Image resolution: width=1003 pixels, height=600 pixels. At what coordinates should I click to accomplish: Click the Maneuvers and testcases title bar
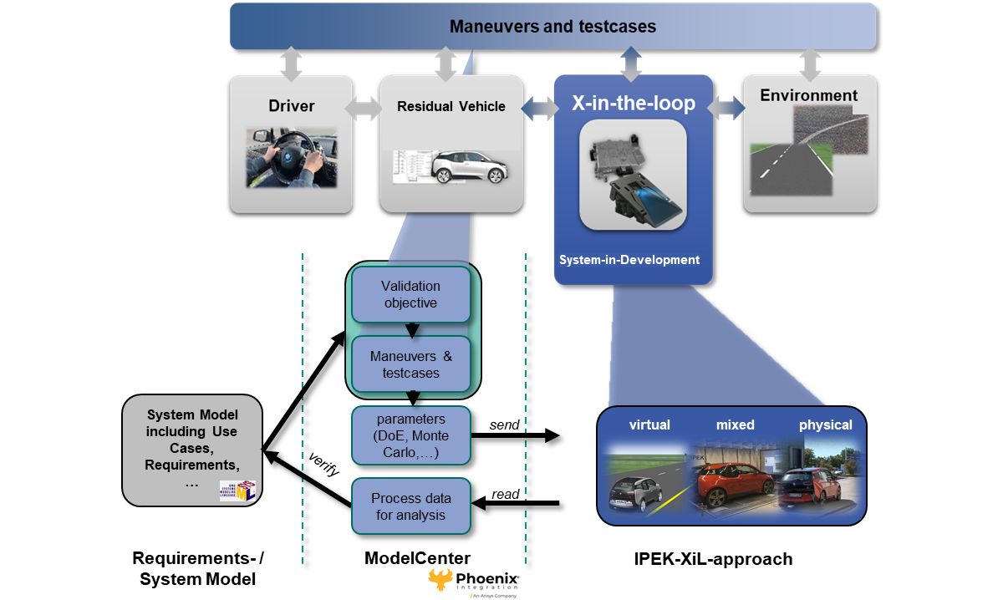pos(552,26)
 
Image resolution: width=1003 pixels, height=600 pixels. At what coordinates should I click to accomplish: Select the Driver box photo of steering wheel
pos(291,156)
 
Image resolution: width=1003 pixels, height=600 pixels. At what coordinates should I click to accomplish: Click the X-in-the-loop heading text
pos(633,104)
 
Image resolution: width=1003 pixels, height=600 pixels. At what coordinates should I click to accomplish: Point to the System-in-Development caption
pos(629,260)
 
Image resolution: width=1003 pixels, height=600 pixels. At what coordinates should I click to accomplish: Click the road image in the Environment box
pos(808,155)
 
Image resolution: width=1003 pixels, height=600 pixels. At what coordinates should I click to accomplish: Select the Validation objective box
pos(410,294)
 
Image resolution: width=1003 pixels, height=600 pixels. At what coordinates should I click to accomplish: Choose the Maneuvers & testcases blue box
pos(410,364)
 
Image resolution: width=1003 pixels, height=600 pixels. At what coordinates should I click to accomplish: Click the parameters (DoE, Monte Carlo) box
pos(410,435)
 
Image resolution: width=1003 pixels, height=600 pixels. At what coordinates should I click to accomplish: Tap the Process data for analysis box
pos(410,506)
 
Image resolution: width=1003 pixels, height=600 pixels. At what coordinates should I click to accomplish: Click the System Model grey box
pos(192,450)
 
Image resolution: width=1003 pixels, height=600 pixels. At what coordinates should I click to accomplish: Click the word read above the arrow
pos(506,494)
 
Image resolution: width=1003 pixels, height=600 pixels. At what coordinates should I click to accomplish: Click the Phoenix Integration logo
pos(474,582)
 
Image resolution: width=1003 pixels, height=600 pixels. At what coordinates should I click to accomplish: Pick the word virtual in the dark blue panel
pos(649,425)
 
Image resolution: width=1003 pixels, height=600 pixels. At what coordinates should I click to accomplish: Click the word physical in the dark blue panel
pos(825,425)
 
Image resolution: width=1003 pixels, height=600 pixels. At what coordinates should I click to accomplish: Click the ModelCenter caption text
pos(417,558)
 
